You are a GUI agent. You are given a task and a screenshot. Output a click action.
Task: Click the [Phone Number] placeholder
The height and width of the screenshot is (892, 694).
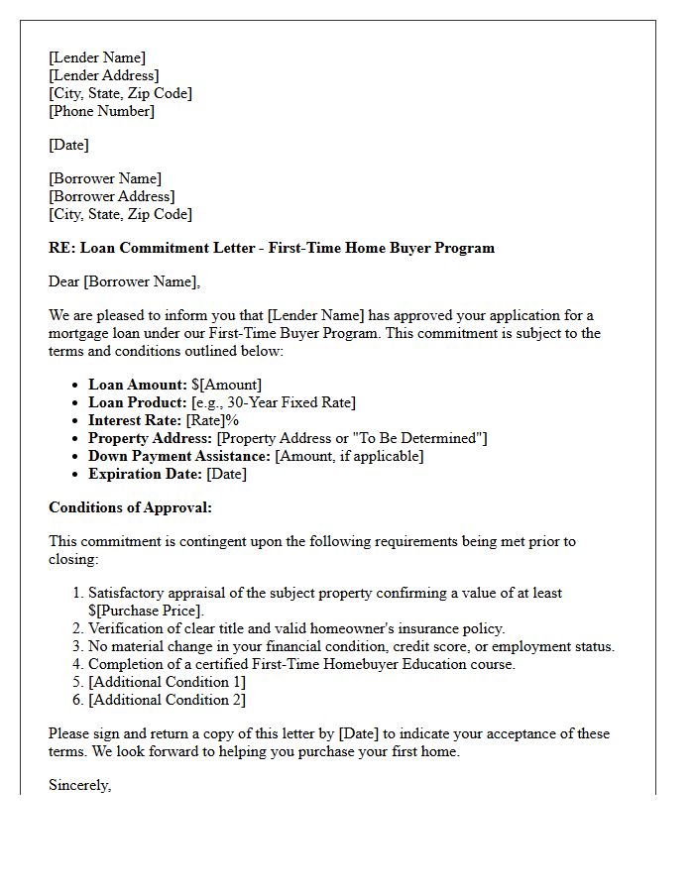(101, 111)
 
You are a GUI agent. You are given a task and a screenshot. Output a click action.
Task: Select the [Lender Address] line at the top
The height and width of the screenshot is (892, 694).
(103, 75)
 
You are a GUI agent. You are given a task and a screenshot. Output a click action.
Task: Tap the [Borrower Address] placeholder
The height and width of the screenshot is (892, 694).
(111, 196)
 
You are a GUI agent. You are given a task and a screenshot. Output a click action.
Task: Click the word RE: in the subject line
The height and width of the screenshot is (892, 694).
(60, 248)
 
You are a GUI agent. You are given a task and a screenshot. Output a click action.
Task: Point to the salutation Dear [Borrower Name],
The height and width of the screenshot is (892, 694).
(124, 281)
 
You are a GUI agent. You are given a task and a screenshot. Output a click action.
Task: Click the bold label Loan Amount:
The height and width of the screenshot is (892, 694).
(138, 385)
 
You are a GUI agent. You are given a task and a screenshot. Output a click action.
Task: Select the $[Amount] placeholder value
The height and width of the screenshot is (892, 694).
(227, 385)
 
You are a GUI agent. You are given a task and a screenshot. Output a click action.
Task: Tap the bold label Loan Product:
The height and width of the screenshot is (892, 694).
(138, 402)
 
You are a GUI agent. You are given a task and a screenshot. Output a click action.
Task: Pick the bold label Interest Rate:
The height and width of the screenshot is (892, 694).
(135, 420)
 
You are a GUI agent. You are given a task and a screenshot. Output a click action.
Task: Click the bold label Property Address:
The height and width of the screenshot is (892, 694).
(151, 438)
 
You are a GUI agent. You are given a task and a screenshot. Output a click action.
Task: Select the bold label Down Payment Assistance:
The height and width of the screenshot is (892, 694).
(179, 456)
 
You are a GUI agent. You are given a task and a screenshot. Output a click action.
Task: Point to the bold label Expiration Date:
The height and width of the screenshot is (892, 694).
(145, 474)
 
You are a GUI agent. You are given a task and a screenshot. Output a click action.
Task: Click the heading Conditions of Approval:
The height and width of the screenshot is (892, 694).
(130, 507)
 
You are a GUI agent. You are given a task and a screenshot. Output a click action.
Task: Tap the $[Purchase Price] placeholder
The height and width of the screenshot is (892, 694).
(146, 611)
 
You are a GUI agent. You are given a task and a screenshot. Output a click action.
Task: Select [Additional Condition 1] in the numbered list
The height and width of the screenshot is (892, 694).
(167, 682)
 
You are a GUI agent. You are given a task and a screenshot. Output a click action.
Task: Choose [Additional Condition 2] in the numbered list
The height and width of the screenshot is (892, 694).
(167, 700)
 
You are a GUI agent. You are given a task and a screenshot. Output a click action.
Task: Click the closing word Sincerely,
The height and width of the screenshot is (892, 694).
(80, 785)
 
